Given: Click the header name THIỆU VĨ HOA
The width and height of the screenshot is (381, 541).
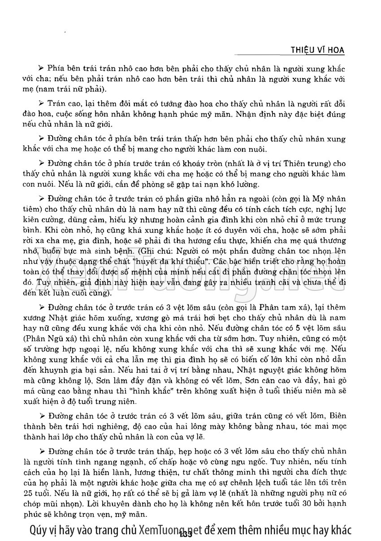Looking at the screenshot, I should pos(317,50).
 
